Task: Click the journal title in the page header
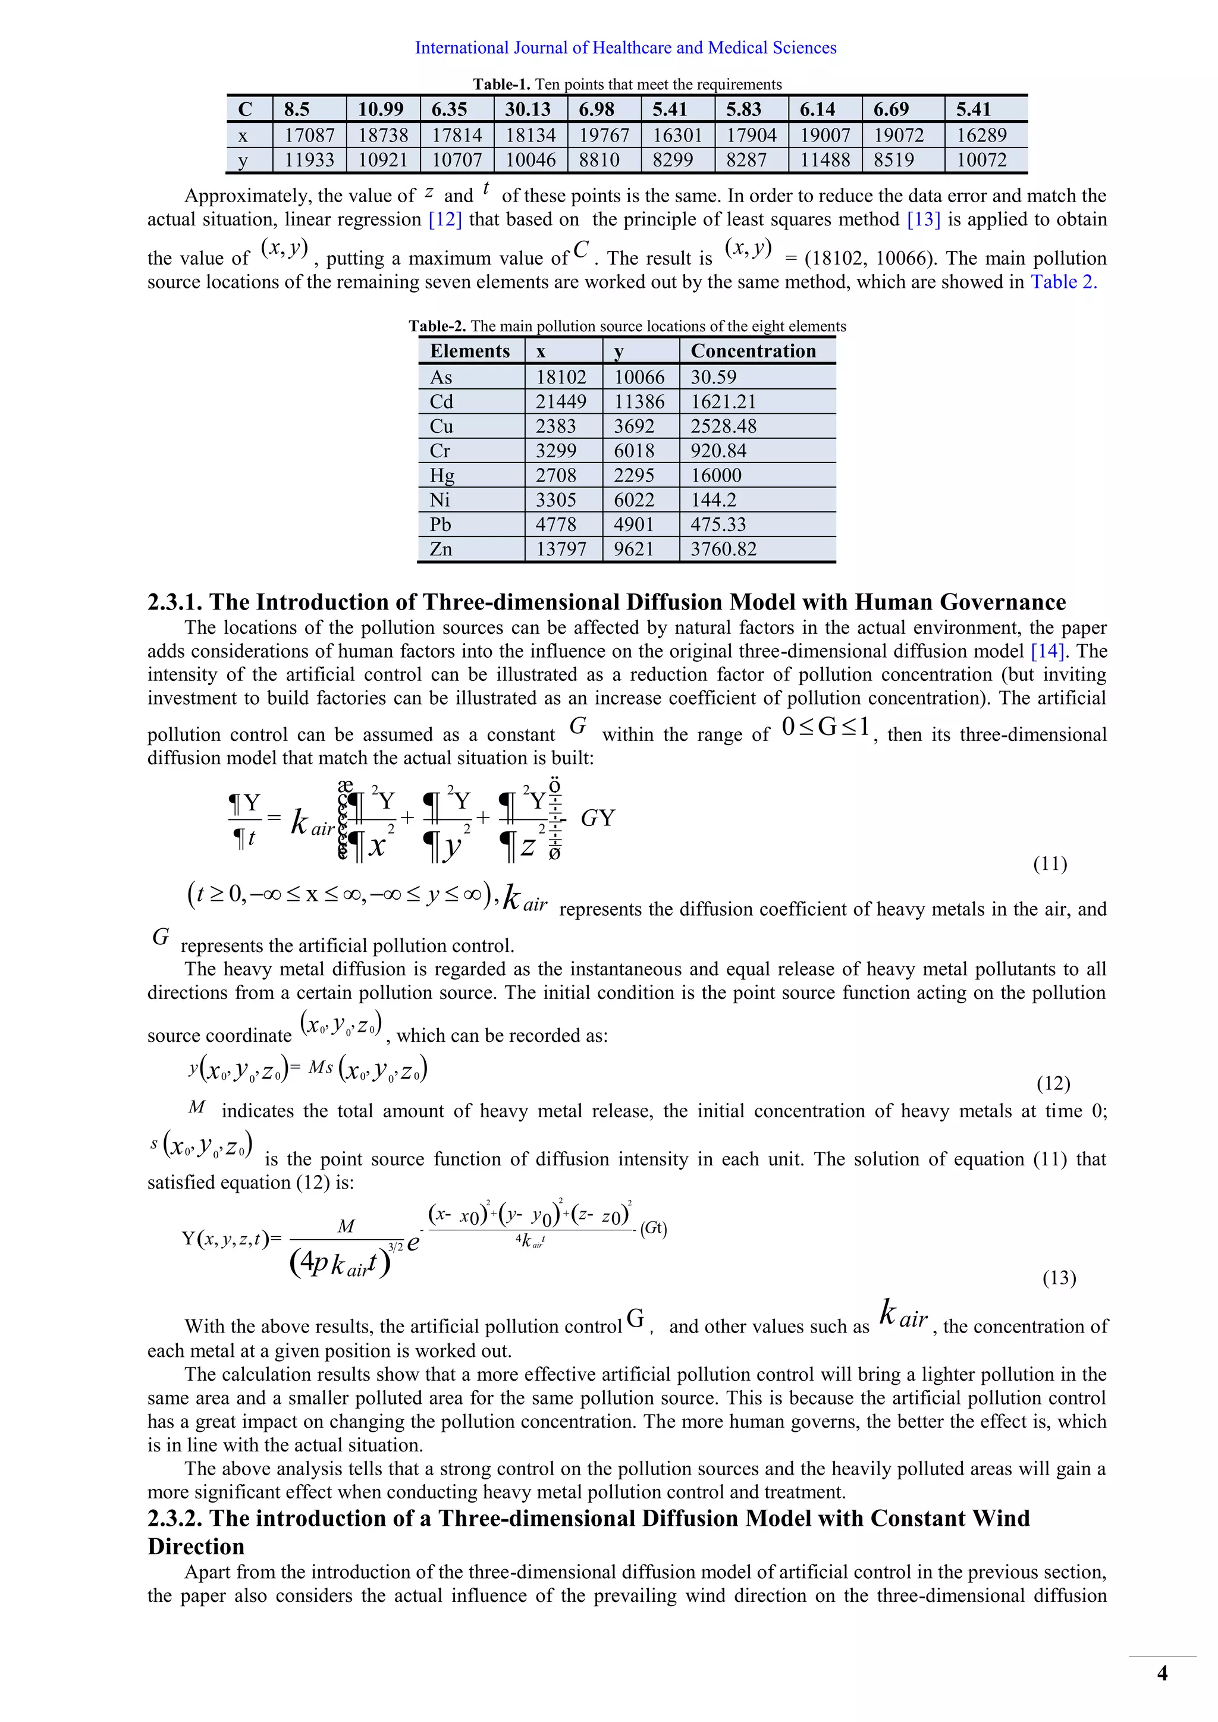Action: click(x=626, y=48)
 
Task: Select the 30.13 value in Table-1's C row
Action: click(x=528, y=109)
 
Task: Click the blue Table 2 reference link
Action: click(x=1063, y=282)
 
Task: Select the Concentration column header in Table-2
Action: click(x=753, y=351)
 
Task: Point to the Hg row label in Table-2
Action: click(x=442, y=476)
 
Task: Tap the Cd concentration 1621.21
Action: click(x=723, y=402)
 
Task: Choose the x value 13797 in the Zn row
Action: click(x=560, y=549)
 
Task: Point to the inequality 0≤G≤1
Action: click(x=825, y=727)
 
